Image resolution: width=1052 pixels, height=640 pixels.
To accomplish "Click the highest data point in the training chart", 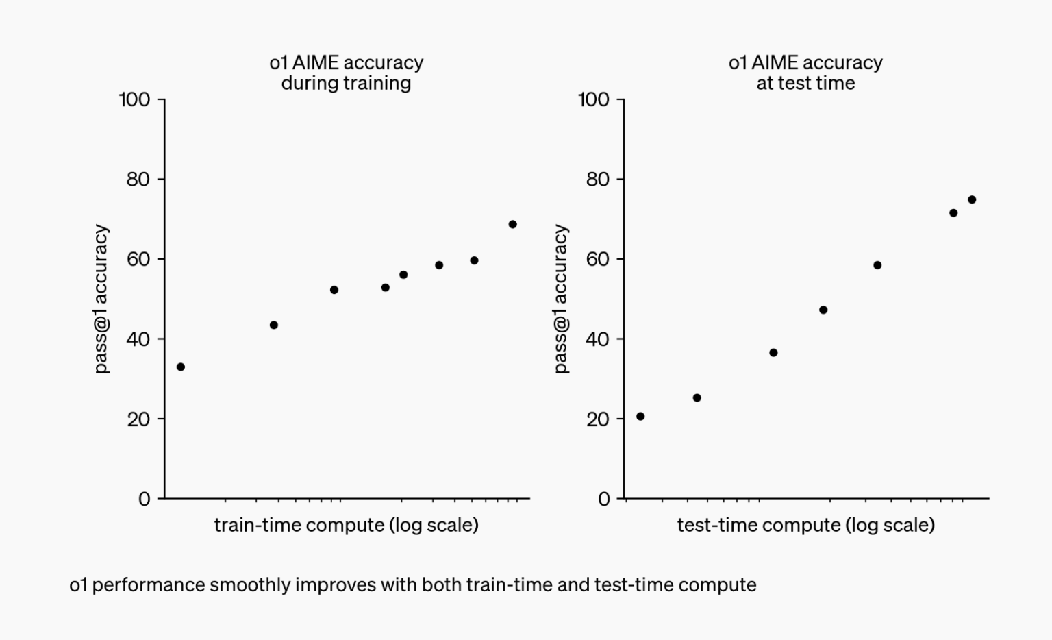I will point(512,225).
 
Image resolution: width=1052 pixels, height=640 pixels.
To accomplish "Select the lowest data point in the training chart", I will point(181,367).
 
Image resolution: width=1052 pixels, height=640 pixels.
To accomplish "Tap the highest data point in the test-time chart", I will point(972,200).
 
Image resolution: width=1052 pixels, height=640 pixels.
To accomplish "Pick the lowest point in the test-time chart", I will point(640,417).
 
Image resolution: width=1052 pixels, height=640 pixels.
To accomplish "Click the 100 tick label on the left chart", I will point(134,100).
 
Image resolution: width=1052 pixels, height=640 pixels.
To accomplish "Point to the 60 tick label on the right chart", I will point(597,259).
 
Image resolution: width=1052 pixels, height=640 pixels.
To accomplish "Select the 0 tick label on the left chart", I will point(144,499).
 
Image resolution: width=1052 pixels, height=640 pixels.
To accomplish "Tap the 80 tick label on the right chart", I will point(597,180).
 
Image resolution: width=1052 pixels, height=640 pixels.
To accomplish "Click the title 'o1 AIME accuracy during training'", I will point(346,73).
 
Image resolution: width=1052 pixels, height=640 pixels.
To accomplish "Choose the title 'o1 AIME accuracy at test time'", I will point(805,73).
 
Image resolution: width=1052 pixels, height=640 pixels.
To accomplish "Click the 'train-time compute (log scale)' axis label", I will point(346,525).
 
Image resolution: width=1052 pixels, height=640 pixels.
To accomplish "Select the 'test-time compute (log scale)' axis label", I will point(805,525).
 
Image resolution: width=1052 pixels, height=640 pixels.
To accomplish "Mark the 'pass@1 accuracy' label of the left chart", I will point(101,299).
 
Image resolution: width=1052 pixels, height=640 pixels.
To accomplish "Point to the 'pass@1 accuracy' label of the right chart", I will point(561,299).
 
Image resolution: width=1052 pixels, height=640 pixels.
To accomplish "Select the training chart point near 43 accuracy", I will point(274,325).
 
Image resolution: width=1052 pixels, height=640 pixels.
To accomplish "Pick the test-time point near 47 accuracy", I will point(823,310).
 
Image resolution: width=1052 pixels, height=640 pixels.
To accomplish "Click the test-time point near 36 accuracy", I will point(773,353).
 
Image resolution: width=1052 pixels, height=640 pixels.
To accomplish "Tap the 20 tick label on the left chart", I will point(138,419).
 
